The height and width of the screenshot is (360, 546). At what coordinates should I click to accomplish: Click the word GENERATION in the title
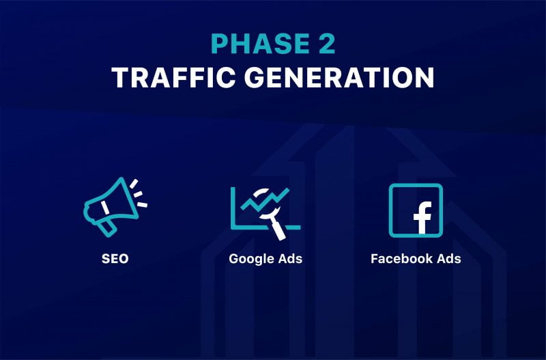(339, 77)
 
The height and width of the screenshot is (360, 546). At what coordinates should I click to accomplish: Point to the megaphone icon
(115, 207)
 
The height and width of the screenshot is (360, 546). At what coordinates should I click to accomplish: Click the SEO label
(115, 259)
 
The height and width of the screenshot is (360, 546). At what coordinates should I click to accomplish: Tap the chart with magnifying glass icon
(265, 213)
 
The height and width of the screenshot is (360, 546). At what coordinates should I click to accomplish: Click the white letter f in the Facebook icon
(422, 218)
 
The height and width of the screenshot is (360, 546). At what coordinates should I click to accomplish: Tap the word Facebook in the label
(399, 259)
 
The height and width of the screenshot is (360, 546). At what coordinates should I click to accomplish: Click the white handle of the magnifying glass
(278, 230)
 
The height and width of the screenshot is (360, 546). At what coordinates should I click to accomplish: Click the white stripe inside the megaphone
(105, 207)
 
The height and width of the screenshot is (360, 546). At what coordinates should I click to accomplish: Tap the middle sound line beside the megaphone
(139, 194)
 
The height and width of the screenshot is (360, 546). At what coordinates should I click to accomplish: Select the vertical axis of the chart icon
(233, 208)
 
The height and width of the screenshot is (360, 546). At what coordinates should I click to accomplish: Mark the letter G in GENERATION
(255, 77)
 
